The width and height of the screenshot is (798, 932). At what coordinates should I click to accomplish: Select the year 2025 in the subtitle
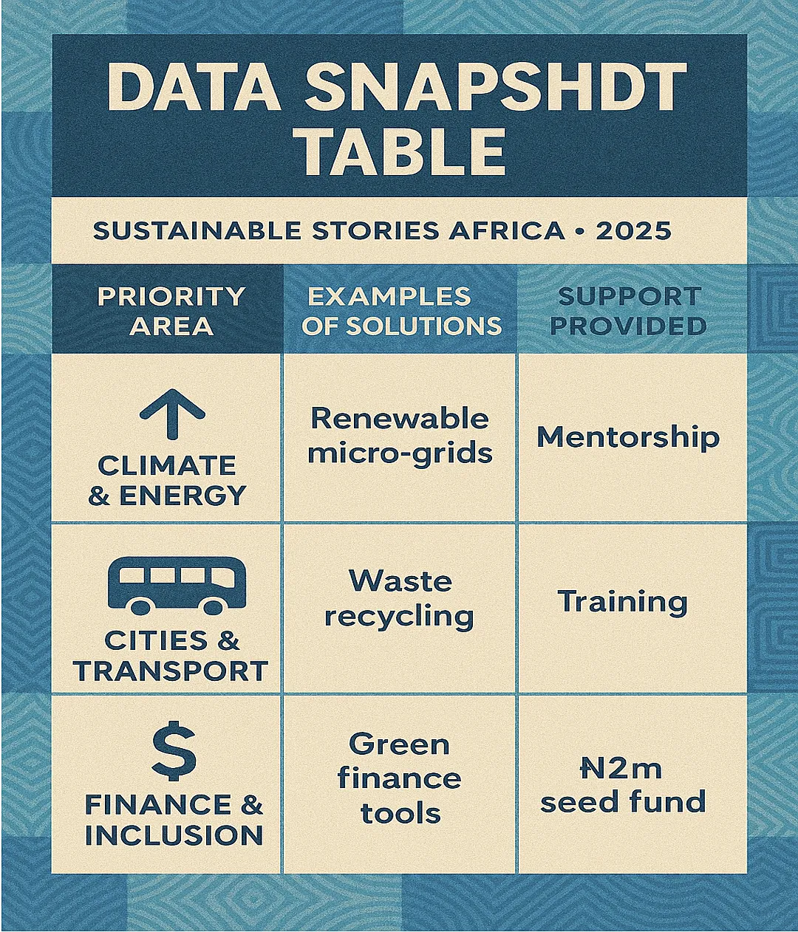633,231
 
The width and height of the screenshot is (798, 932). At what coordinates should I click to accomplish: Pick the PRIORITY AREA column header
171,311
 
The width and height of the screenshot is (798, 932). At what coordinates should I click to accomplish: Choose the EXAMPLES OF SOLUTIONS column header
401,311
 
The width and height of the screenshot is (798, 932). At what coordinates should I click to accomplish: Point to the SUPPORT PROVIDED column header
629,311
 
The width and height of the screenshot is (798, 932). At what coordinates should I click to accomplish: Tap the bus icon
177,585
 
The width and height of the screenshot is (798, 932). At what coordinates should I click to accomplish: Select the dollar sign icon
174,751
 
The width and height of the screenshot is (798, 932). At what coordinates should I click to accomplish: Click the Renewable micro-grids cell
400,436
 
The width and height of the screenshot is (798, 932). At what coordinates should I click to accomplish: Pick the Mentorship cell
628,438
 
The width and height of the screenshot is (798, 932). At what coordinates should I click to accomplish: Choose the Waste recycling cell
400,600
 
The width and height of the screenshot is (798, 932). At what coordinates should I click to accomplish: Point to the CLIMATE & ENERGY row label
167,481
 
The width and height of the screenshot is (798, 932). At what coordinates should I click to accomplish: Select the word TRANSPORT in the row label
171,671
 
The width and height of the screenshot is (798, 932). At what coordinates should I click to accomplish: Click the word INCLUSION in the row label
174,835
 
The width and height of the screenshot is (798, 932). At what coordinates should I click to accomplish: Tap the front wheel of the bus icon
213,606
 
